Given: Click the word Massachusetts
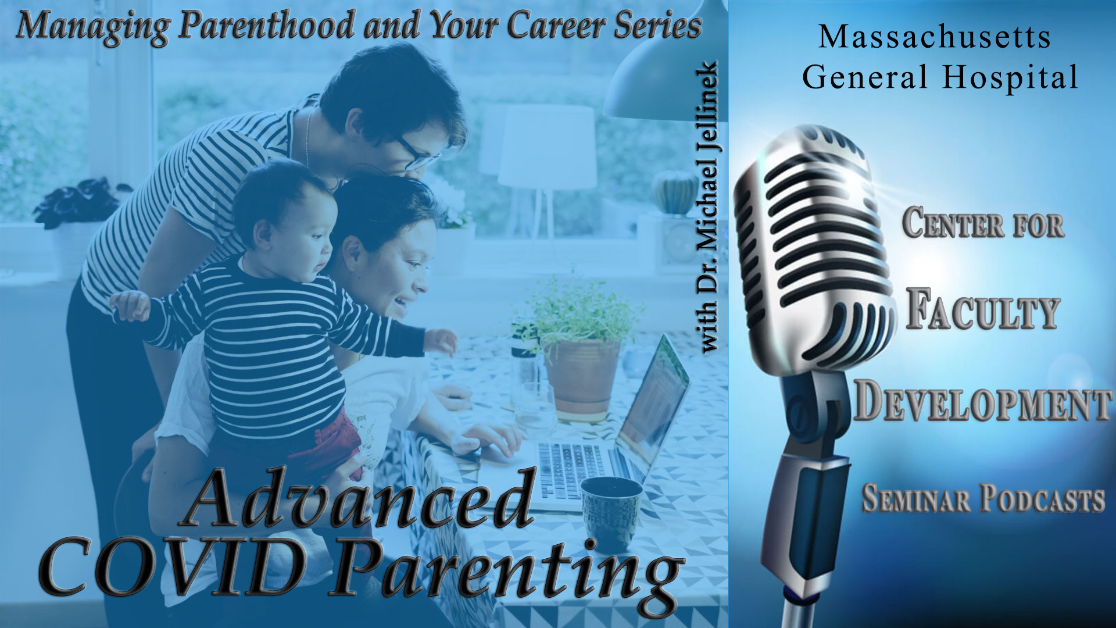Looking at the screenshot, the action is [935, 37].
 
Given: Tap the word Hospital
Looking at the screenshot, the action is [1011, 77].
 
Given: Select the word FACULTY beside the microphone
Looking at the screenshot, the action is [982, 309].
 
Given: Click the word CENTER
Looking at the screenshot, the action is [953, 223].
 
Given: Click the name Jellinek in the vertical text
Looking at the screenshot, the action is [709, 108].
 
